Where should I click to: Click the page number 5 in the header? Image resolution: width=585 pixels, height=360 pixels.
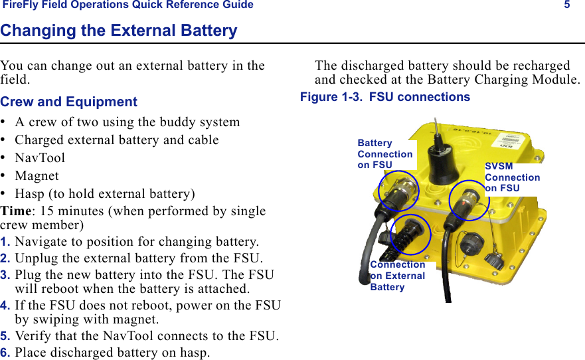click(x=567, y=5)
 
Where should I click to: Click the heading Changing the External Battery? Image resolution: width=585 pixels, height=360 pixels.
click(x=119, y=31)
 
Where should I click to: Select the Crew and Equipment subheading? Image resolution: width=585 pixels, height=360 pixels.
click(x=69, y=102)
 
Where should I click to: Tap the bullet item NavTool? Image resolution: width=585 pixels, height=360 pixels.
click(x=40, y=158)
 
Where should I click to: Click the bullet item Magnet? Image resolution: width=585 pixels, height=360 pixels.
click(x=37, y=176)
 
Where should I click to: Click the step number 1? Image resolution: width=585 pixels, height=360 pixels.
click(x=5, y=241)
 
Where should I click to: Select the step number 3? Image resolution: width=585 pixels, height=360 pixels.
click(x=5, y=275)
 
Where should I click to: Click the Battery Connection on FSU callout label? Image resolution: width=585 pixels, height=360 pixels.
click(x=384, y=154)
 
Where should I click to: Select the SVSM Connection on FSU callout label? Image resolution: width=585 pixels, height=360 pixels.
click(x=512, y=177)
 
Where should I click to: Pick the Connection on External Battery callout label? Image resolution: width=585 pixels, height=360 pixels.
click(x=397, y=276)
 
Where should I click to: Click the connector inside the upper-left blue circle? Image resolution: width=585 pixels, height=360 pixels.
click(x=398, y=191)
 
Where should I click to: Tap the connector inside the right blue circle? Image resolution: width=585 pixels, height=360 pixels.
click(x=469, y=199)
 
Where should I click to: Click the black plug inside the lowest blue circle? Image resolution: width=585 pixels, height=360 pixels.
click(x=410, y=234)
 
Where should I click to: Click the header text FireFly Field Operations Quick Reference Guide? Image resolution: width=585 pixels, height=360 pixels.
click(x=128, y=5)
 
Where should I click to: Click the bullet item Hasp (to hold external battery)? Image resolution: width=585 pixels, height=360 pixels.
click(x=105, y=194)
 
